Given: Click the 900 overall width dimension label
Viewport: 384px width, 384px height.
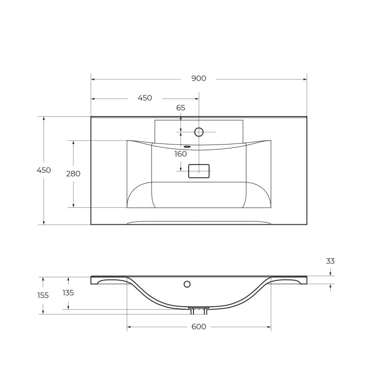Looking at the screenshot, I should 198,79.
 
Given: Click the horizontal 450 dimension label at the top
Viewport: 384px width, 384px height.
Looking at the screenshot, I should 144,98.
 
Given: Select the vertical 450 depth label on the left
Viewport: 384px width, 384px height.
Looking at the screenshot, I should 44,170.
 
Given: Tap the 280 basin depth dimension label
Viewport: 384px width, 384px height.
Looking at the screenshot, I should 73,174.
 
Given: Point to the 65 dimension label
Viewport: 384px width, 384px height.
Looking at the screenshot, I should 180,108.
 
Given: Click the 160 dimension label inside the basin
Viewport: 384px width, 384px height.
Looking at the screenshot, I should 180,154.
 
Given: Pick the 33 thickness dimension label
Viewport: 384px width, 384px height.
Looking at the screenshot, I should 330,261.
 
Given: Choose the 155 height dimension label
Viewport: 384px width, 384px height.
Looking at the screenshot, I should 43,295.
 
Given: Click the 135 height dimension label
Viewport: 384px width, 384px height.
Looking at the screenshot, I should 68,292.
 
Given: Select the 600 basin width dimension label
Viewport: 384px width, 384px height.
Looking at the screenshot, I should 198,327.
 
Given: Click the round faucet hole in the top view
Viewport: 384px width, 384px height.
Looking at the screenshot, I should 199,132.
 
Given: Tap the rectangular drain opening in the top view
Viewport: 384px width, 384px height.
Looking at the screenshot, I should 199,171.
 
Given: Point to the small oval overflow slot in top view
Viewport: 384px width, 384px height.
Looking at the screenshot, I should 187,146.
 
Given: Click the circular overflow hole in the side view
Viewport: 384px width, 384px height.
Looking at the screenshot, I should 187,284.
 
